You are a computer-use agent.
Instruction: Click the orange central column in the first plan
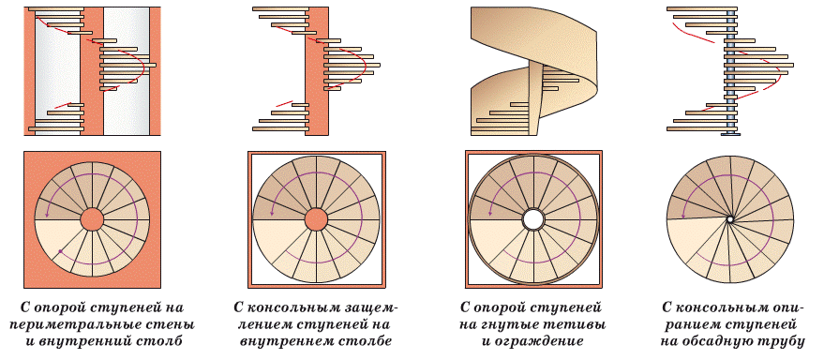pyautogui.click(x=92, y=219)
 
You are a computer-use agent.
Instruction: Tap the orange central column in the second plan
pyautogui.click(x=316, y=219)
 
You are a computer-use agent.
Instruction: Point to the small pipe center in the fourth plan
pyautogui.click(x=729, y=219)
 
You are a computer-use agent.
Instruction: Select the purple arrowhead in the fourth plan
pyautogui.click(x=682, y=217)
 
